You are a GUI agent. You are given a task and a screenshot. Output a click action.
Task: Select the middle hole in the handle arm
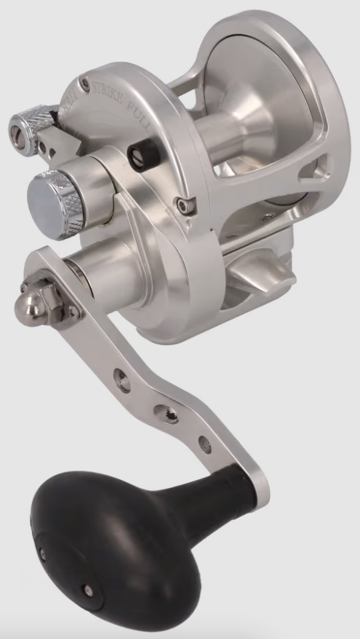click(169, 413)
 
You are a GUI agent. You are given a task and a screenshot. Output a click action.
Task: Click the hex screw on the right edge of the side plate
click(187, 206)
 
